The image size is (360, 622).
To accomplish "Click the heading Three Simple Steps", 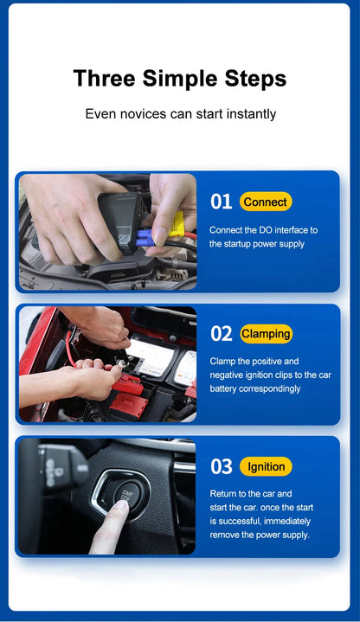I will pyautogui.click(x=179, y=79).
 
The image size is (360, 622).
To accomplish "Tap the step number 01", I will pyautogui.click(x=221, y=202).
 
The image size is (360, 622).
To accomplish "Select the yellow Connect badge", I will pyautogui.click(x=266, y=202).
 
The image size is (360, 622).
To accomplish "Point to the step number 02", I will pyautogui.click(x=222, y=334).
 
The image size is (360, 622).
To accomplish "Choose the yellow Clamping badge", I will pyautogui.click(x=266, y=334).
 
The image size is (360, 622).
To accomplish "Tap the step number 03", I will pyautogui.click(x=222, y=467).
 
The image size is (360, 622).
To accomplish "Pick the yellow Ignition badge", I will pyautogui.click(x=266, y=467).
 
